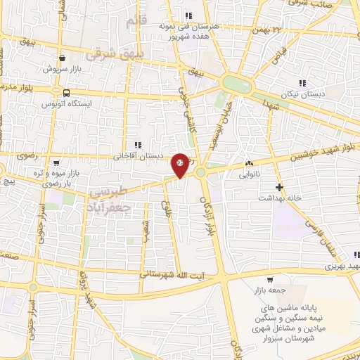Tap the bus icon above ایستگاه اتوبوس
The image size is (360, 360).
(65, 92)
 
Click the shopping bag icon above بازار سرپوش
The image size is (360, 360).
(63, 59)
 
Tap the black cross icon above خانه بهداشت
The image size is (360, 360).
(281, 187)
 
